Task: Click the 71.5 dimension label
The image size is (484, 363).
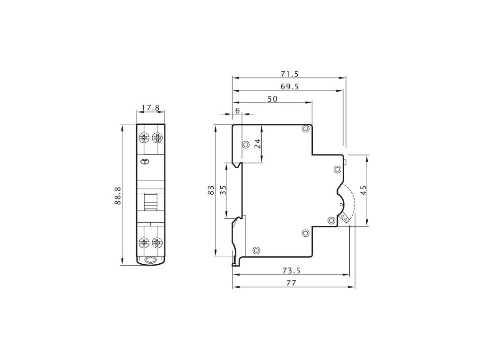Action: coord(290,74)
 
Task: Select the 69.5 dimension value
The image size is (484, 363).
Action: coord(290,87)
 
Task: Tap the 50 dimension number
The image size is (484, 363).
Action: coord(273,99)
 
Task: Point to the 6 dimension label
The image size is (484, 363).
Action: coord(237,111)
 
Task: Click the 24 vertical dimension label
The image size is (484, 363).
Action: coord(258,144)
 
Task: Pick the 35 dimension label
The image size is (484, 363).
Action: coord(223,190)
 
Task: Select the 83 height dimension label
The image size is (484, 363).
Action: coord(211,190)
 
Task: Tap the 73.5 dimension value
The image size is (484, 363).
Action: coord(291,271)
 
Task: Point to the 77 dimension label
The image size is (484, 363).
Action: coord(291,283)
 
